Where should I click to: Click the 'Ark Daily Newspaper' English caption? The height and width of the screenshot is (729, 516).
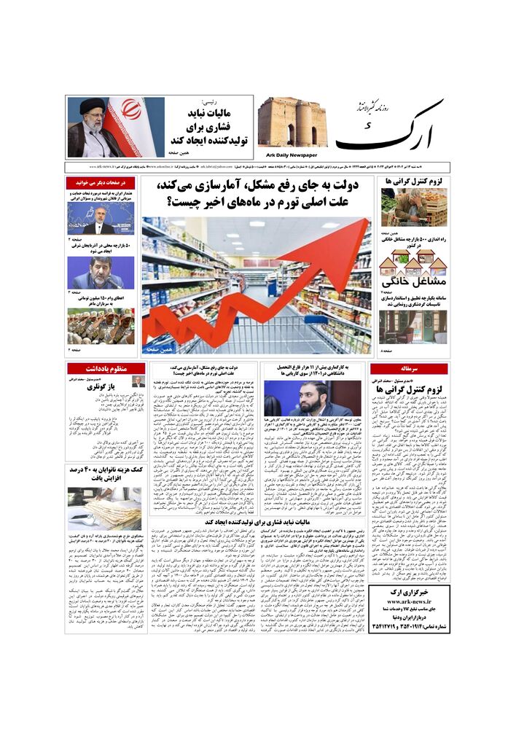(288, 154)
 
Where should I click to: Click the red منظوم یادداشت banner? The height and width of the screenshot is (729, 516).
(107, 369)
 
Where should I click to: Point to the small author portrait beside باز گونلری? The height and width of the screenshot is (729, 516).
(138, 382)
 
